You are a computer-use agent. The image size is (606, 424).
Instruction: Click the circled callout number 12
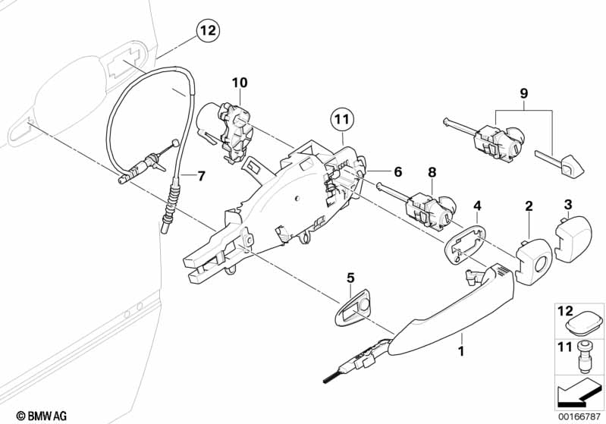[208, 31]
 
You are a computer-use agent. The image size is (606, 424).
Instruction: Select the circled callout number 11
[342, 119]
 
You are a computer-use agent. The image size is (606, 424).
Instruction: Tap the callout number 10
[240, 81]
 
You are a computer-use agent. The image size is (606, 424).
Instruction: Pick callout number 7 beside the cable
[200, 177]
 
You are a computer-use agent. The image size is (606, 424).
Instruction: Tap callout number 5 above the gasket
[350, 278]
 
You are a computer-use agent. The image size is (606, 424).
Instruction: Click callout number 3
[568, 203]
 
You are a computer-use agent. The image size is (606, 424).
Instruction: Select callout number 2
[529, 206]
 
